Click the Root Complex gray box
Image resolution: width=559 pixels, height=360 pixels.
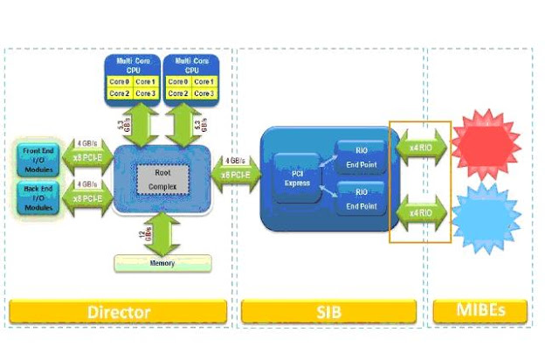click(x=158, y=179)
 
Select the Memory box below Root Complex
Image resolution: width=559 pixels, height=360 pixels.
click(x=162, y=263)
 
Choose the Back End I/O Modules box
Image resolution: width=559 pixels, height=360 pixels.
click(x=37, y=197)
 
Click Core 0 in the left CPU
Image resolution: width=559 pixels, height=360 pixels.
click(x=119, y=81)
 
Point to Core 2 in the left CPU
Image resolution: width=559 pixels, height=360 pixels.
click(x=119, y=93)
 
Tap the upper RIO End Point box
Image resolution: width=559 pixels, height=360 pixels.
click(x=361, y=153)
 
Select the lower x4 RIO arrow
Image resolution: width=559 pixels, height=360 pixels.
click(x=420, y=212)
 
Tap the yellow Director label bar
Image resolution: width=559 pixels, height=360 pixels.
click(x=119, y=311)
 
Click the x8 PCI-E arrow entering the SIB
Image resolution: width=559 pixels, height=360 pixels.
click(x=236, y=175)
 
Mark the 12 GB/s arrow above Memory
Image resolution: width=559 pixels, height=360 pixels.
click(x=162, y=234)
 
